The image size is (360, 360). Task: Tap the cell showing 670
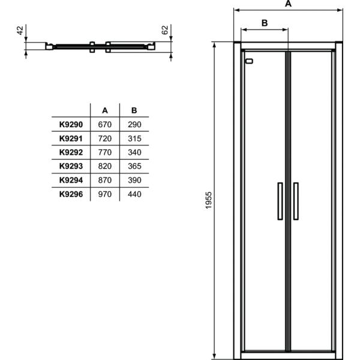click(x=105, y=124)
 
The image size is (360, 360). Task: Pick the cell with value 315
click(x=134, y=138)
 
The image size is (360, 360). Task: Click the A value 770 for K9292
click(x=105, y=152)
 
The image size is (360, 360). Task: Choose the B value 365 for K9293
click(x=134, y=166)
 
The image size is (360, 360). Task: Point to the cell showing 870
click(x=105, y=179)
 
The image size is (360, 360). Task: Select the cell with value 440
click(x=134, y=194)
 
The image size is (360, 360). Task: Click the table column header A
click(x=105, y=110)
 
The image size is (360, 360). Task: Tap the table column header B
click(x=134, y=110)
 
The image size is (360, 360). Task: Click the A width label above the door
click(x=288, y=4)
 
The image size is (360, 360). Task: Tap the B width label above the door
click(x=264, y=23)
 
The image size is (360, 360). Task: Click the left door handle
click(x=280, y=201)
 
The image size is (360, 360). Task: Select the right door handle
click(x=296, y=201)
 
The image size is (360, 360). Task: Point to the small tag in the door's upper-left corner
click(x=250, y=61)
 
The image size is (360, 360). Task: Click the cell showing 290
click(x=134, y=124)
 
